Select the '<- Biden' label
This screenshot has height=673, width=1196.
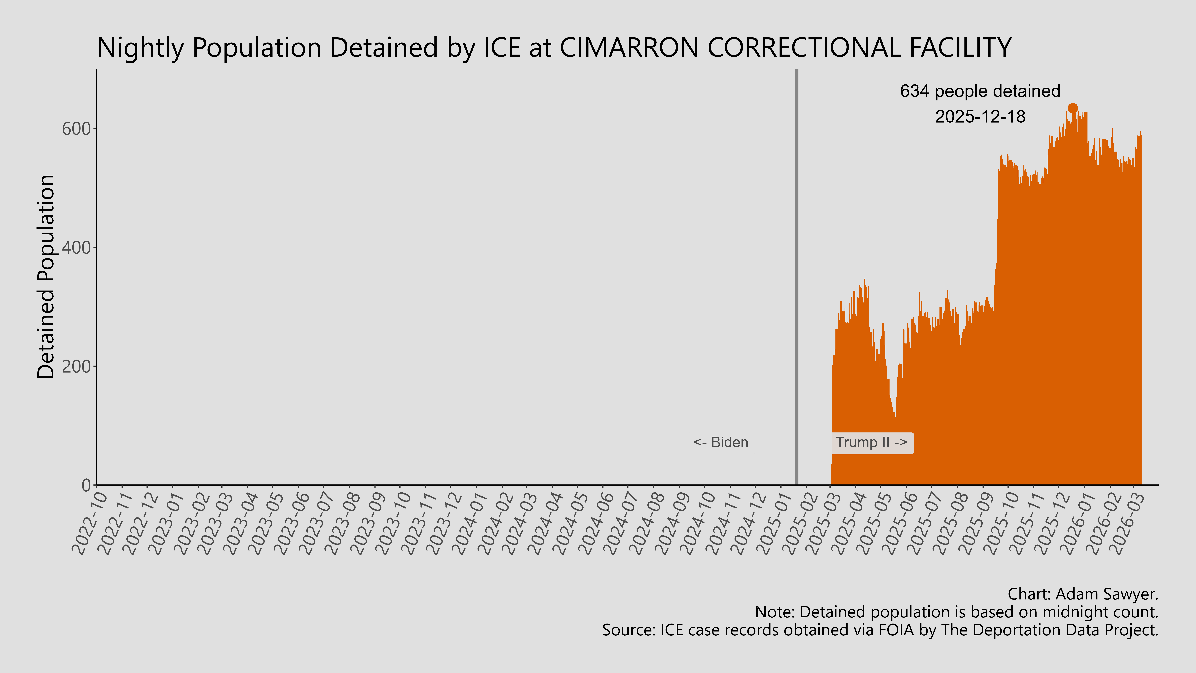721,442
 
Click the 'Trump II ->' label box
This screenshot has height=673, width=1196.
871,443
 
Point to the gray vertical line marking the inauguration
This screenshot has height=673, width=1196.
797,279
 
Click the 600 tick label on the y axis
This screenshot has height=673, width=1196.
76,129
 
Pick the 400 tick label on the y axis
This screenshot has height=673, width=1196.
76,248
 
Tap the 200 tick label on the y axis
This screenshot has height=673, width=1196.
76,366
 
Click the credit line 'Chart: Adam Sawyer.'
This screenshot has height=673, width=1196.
1083,594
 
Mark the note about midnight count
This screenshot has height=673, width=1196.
956,612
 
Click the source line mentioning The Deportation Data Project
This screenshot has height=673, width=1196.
880,630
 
